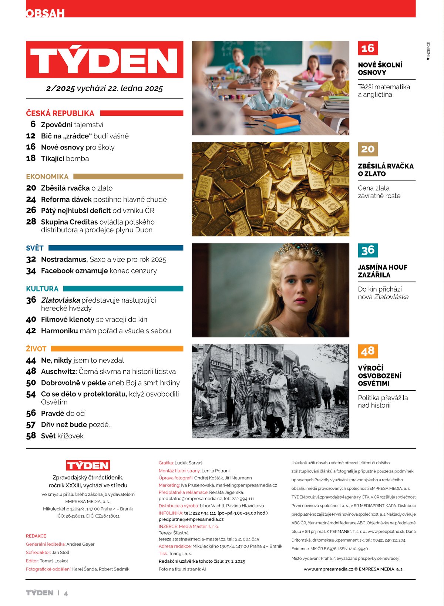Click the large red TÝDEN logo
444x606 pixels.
click(x=104, y=60)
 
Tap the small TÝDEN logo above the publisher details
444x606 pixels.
click(x=88, y=465)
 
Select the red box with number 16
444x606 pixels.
click(x=368, y=48)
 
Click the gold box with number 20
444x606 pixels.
click(x=368, y=149)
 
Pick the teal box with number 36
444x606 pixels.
click(x=368, y=250)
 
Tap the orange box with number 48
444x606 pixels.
click(x=368, y=351)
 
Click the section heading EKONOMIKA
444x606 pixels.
click(x=47, y=176)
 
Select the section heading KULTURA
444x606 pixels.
click(x=42, y=289)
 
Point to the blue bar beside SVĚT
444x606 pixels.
click(x=115, y=248)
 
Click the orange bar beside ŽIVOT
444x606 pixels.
click(x=117, y=349)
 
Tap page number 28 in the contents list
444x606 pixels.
click(x=31, y=222)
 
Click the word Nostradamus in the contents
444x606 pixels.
click(x=64, y=259)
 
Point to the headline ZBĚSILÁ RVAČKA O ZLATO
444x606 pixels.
click(x=386, y=170)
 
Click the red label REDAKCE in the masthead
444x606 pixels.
click(x=36, y=536)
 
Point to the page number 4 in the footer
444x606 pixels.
click(x=66, y=594)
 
